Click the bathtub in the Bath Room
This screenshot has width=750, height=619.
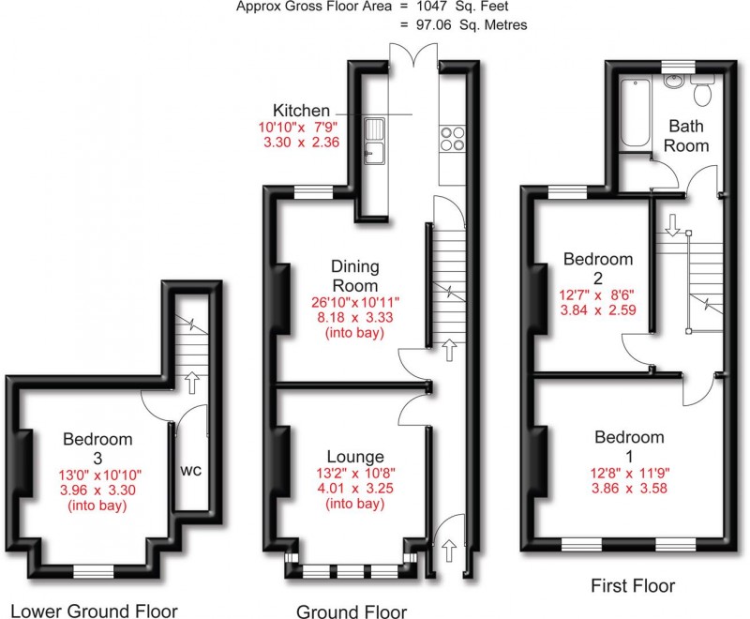pos(636,114)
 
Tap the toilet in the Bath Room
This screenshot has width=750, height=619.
pos(703,93)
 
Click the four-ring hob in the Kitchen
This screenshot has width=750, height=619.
pos(452,138)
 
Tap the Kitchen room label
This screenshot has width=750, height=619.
pos(301,110)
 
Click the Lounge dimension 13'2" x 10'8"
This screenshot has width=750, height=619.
pos(353,474)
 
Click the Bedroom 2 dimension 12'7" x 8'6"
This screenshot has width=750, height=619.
pos(597,293)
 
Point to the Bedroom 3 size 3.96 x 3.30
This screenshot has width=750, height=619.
pos(98,489)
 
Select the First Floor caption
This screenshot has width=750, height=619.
pos(632,586)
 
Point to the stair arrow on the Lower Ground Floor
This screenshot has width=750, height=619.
pos(194,382)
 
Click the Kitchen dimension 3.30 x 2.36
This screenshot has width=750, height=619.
pos(298,143)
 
